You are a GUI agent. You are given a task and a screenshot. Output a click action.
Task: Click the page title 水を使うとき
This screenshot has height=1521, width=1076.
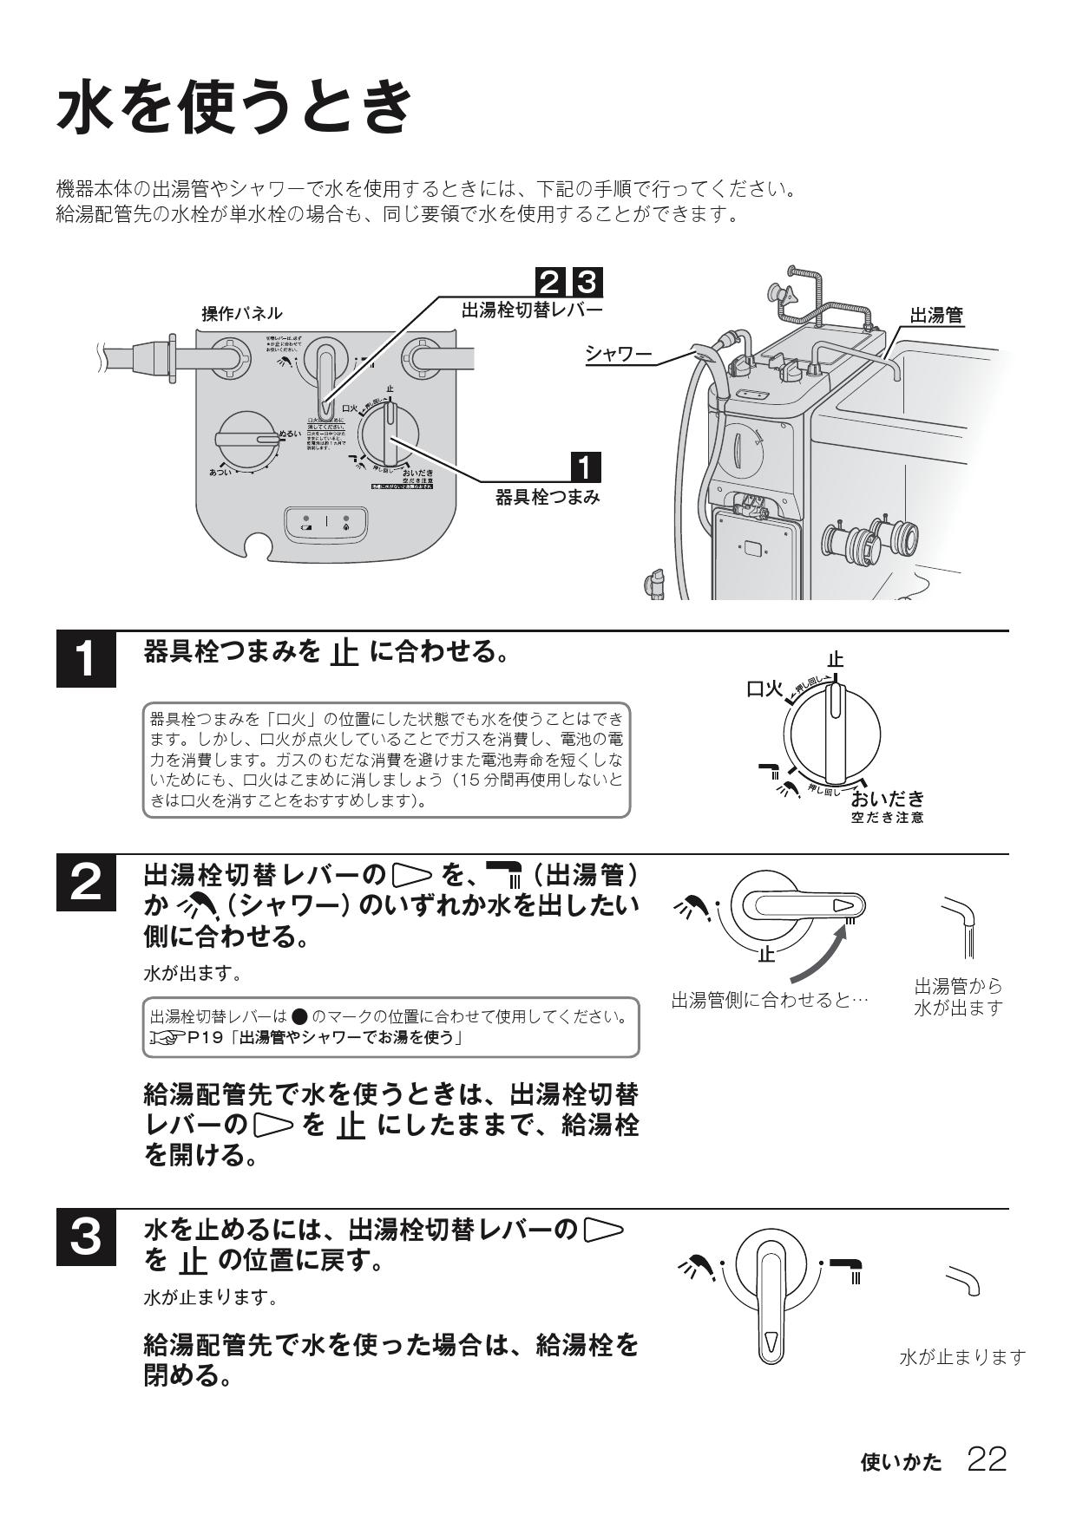point(234,106)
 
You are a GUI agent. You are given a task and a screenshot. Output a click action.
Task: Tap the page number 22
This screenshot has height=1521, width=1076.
point(987,1459)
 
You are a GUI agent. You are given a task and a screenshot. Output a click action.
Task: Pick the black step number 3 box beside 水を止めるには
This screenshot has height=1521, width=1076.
point(86,1237)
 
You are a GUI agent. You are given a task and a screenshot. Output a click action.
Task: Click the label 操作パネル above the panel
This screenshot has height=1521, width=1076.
point(242,313)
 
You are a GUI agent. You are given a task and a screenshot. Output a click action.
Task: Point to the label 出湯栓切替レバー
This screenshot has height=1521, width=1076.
point(531,310)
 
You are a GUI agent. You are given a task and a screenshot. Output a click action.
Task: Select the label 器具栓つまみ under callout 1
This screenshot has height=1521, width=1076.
point(548,498)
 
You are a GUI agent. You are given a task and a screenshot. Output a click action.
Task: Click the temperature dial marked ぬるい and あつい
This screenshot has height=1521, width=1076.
point(247,440)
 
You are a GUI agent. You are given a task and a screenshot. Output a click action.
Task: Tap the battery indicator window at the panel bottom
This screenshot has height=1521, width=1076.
point(327,522)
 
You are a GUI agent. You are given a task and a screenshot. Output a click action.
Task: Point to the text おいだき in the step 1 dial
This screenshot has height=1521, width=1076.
point(888,798)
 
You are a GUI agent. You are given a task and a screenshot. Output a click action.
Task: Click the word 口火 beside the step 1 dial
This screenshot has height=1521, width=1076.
point(764,690)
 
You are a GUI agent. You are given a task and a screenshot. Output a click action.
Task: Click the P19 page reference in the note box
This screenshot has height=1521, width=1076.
point(212,1038)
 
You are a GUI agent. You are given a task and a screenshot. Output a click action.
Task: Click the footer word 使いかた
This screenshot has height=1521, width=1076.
point(901,1463)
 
